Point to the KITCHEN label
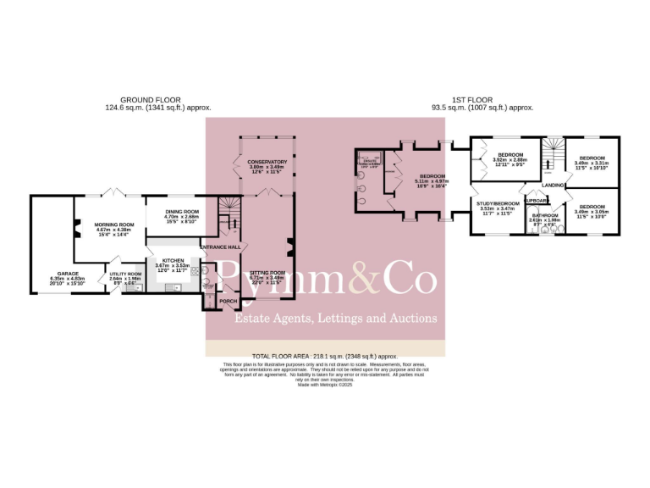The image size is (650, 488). [x=174, y=261]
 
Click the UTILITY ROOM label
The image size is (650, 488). [x=124, y=274]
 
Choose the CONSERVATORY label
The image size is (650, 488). [x=267, y=162]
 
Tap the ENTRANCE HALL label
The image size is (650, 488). [x=220, y=247]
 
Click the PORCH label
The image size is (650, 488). [x=228, y=301]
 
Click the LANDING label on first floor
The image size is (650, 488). [x=554, y=185]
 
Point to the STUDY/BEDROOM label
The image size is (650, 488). [x=496, y=204]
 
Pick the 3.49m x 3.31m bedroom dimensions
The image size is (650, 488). [x=592, y=163]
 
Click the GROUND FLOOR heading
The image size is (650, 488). [x=153, y=99]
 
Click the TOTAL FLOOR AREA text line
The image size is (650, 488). [x=325, y=357]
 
